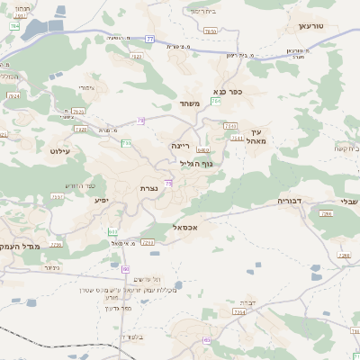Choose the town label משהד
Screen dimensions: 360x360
click(x=188, y=103)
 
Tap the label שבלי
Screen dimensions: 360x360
click(x=347, y=200)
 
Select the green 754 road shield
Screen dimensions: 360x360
click(x=215, y=101)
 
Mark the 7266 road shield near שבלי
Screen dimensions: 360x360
click(x=326, y=213)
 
